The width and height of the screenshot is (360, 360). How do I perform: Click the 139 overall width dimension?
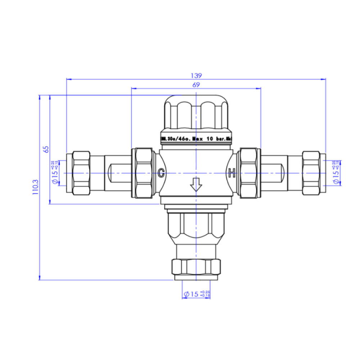(196, 76)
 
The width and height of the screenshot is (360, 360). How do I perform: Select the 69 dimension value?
(196, 85)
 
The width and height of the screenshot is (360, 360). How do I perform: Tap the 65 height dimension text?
(46, 149)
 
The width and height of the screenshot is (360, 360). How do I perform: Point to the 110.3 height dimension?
(35, 188)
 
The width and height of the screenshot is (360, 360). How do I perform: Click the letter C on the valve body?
(162, 173)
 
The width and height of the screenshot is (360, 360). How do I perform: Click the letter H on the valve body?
(232, 173)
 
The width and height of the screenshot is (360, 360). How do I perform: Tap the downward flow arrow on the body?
(196, 185)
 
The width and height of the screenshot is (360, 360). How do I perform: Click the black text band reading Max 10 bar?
(197, 139)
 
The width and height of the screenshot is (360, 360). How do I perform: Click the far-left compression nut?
(81, 173)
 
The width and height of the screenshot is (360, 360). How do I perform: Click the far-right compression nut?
(312, 173)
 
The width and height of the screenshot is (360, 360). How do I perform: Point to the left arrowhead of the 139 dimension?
(69, 79)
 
